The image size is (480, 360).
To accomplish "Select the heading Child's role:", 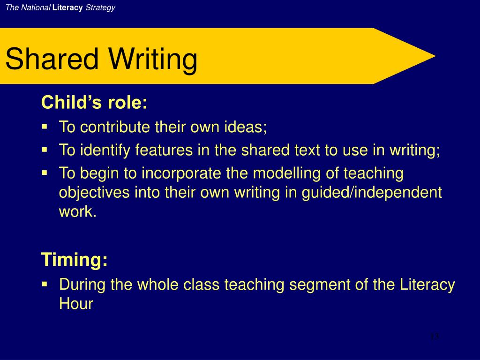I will pyautogui.click(x=94, y=102).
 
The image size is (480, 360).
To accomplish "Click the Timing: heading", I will pyautogui.click(x=75, y=259).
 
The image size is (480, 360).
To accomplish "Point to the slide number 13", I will pyautogui.click(x=434, y=336).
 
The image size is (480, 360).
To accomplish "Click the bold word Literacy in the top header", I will pyautogui.click(x=67, y=8).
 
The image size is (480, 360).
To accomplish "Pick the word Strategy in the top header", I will pyautogui.click(x=100, y=8).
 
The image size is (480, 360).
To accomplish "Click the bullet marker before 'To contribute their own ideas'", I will pyautogui.click(x=45, y=127).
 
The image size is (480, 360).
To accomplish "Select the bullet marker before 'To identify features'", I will pyautogui.click(x=45, y=150).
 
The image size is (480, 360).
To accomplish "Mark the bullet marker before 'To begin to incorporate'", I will pyautogui.click(x=45, y=173).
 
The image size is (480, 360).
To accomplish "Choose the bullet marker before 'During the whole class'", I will pyautogui.click(x=45, y=284).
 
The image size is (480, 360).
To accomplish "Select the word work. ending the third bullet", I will pyautogui.click(x=77, y=212).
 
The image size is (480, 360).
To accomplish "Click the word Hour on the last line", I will pyautogui.click(x=76, y=304).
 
